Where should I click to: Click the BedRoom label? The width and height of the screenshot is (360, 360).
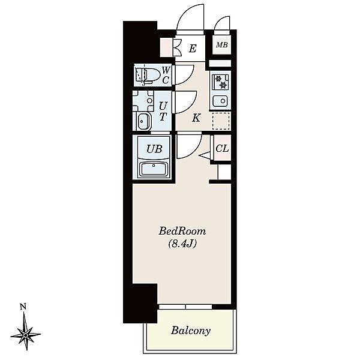[182, 231]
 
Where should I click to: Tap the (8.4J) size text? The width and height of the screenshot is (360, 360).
[182, 244]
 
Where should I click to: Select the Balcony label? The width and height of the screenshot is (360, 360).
[191, 331]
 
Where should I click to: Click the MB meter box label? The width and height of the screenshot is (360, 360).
[222, 45]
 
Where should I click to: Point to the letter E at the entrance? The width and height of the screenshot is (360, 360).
[193, 49]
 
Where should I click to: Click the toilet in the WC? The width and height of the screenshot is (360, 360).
[147, 75]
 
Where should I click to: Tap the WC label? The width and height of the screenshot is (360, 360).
[166, 75]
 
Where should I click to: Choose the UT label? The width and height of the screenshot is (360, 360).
[163, 112]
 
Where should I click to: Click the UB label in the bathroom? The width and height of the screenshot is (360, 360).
[154, 149]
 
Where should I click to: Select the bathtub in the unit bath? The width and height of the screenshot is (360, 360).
[154, 169]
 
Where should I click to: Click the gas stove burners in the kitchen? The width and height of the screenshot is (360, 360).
[221, 82]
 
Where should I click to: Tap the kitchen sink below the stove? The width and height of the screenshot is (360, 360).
[220, 101]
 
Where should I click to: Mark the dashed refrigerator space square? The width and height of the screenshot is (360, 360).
[221, 121]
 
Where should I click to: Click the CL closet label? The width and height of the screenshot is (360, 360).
[222, 148]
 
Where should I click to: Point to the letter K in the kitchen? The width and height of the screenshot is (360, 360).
[196, 118]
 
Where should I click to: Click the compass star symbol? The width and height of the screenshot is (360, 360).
[26, 335]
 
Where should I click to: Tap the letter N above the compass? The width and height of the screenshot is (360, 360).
[23, 307]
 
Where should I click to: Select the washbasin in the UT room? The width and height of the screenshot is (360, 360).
[143, 121]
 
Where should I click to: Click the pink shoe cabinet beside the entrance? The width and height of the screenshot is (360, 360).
[166, 47]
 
